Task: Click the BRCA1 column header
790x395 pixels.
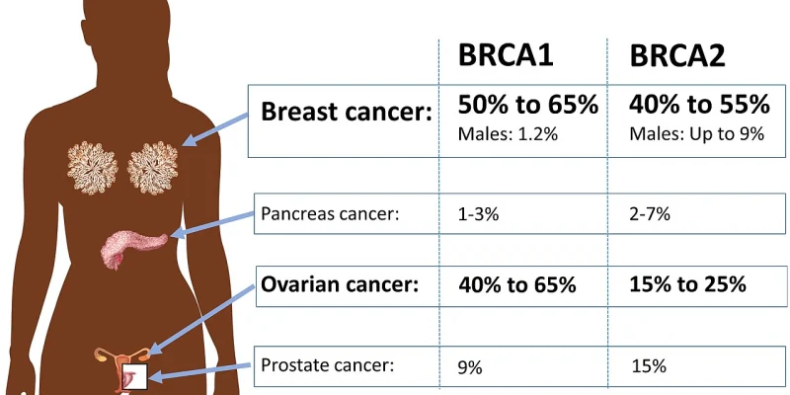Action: [504, 57]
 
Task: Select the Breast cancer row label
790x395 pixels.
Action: [346, 112]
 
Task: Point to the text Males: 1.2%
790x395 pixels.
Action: [508, 134]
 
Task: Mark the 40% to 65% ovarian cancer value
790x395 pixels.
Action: [516, 286]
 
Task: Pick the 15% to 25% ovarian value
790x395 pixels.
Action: [687, 286]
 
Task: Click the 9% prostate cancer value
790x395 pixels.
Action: [470, 367]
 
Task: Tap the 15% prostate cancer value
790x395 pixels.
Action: [648, 367]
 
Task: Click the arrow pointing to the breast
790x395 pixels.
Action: [216, 127]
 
